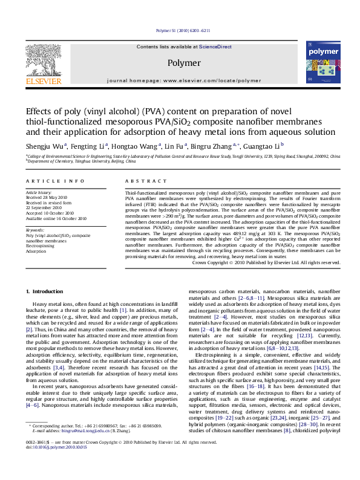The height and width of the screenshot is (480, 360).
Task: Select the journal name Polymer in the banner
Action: [x=183, y=63]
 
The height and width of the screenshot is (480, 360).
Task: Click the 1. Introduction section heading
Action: [x=49, y=292]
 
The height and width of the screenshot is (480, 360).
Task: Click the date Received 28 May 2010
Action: [x=49, y=198]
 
